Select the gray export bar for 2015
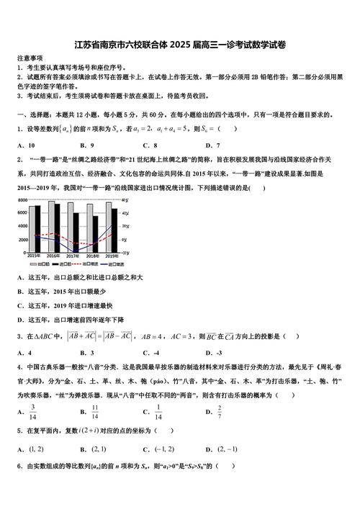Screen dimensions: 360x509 pyautogui.click(x=31, y=229)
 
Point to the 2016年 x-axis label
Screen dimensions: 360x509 pyautogui.click(x=53, y=256)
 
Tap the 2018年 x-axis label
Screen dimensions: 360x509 pyautogui.click(x=92, y=256)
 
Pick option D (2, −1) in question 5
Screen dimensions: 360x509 pyautogui.click(x=228, y=448)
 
